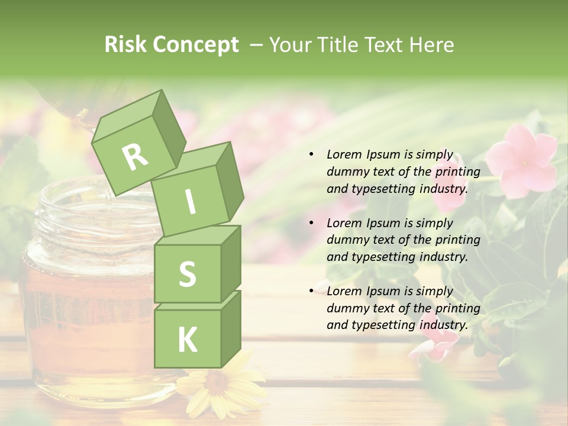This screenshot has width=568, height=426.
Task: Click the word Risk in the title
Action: [125, 45]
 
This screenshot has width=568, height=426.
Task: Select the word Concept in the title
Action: [196, 46]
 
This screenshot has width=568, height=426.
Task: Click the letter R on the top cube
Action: [135, 157]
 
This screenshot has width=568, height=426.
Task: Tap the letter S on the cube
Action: [187, 274]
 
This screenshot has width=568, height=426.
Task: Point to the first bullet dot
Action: [311, 155]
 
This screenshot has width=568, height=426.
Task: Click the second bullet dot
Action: [311, 223]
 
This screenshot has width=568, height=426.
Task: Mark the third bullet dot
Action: [311, 291]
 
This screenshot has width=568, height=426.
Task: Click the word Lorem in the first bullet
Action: [343, 155]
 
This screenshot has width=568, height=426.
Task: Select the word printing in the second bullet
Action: [458, 240]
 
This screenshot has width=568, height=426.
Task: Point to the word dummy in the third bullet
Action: [346, 308]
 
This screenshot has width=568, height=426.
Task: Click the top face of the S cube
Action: [198, 235]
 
